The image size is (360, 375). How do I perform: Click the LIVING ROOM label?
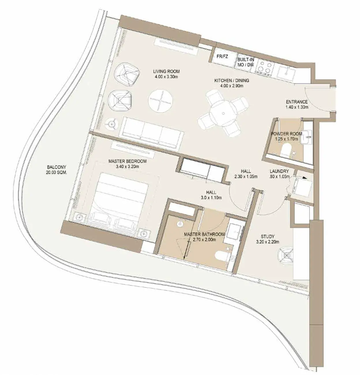click(x=166, y=71)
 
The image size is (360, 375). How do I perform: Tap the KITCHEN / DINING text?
click(x=232, y=80)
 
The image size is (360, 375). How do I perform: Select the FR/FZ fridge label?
click(x=222, y=57)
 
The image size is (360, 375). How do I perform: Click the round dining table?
click(x=223, y=113)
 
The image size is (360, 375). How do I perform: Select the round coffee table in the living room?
click(x=160, y=101)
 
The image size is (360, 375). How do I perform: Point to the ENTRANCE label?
click(x=297, y=102)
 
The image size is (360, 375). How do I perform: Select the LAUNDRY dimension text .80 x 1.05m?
click(x=279, y=176)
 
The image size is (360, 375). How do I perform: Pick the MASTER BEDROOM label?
click(x=127, y=161)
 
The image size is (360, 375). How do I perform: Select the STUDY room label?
click(x=268, y=237)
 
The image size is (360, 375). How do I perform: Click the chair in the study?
click(x=285, y=255)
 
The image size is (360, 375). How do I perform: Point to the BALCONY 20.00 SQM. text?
click(x=57, y=170)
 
